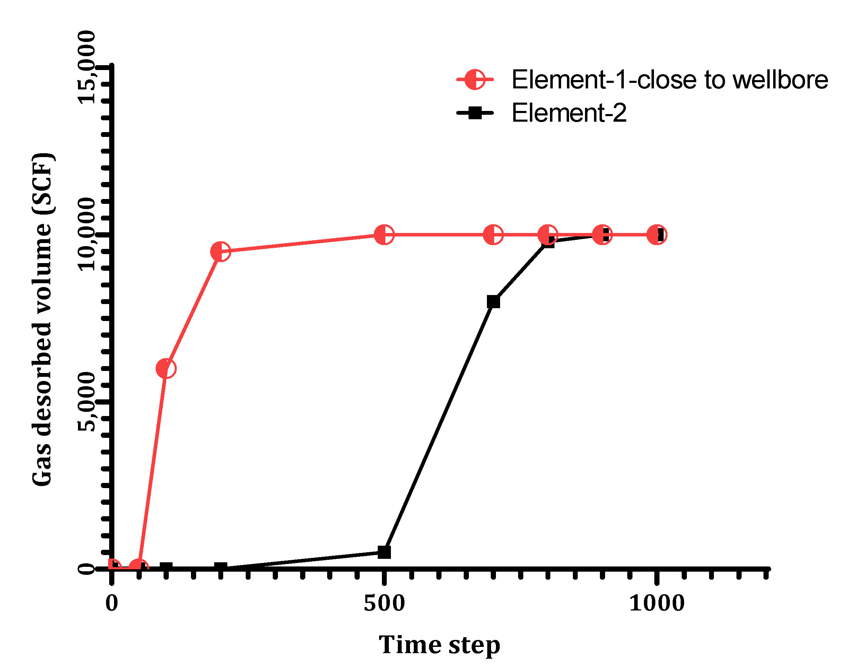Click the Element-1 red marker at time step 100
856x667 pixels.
click(x=166, y=369)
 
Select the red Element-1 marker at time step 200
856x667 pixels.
click(x=221, y=251)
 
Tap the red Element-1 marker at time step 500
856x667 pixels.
click(x=384, y=235)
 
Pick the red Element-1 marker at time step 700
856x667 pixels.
click(x=493, y=235)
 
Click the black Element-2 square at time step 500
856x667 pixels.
click(x=384, y=552)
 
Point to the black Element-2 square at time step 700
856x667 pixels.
click(x=493, y=302)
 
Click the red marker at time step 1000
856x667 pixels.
click(x=656, y=235)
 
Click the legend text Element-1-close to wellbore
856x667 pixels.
click(x=670, y=80)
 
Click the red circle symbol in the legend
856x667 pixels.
click(x=475, y=80)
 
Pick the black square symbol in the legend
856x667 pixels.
click(x=475, y=113)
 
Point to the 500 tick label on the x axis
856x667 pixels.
click(x=384, y=603)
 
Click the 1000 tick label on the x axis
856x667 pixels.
click(x=657, y=603)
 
